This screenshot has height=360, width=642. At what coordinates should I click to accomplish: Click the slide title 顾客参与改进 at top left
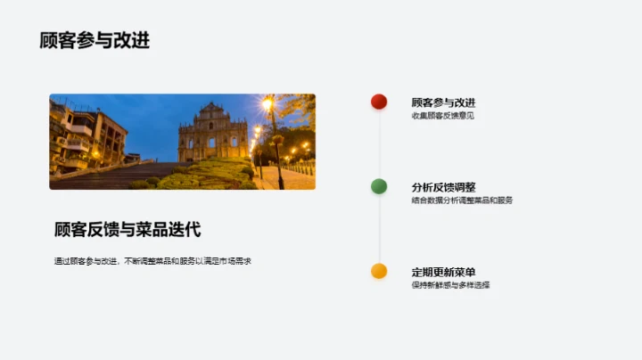pos(95,40)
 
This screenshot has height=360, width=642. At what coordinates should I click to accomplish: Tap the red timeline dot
pos(379,102)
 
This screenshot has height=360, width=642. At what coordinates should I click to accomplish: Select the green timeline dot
pos(379,186)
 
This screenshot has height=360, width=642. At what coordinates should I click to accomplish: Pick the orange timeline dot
pos(379,271)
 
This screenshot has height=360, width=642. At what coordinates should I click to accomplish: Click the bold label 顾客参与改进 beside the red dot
pos(443,102)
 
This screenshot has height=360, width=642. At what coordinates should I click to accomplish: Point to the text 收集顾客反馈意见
pos(442,116)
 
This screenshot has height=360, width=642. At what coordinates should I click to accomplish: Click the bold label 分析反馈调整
pos(443,187)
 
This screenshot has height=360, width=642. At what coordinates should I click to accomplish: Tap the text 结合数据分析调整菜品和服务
pos(462,200)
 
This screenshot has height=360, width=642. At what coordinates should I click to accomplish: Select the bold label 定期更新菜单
pos(443,272)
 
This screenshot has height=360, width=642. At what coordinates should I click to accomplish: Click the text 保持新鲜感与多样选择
pos(450,285)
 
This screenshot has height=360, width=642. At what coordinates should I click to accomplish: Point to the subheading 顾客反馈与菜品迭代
pos(127,230)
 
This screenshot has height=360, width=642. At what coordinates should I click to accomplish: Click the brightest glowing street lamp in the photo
pos(267,103)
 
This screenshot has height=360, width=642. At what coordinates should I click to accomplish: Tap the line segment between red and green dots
pos(379,144)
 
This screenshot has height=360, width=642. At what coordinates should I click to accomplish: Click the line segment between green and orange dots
pos(379,229)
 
